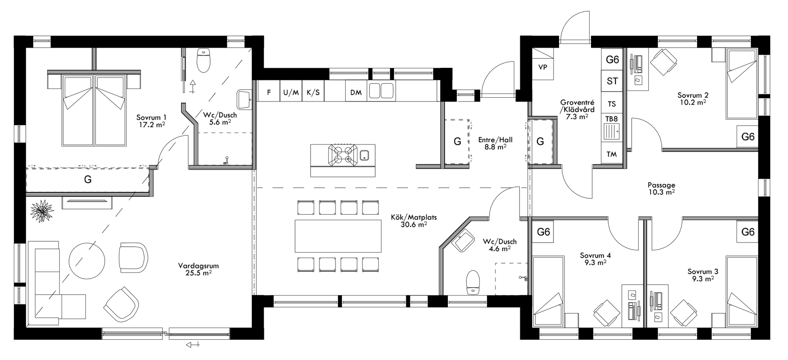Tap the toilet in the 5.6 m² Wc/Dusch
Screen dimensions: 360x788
pos(203,61)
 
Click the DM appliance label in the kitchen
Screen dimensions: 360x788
pos(356,93)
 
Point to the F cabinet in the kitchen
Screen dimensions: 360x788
pos(269,93)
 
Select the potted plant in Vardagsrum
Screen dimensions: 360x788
pos(42,210)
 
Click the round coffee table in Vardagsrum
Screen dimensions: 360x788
pos(87,260)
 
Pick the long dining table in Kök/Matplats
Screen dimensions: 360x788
pos(338,236)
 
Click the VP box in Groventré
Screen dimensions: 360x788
pos(543,67)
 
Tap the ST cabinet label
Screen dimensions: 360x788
pos(612,81)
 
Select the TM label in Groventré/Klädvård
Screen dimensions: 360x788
pos(612,155)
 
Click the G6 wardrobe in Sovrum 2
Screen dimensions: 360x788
pos(748,137)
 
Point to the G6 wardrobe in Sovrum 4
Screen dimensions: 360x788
pos(543,232)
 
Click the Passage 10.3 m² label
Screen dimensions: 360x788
pos(661,188)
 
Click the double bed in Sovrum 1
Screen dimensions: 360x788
pos(94,110)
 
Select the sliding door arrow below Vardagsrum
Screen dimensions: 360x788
pos(193,345)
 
